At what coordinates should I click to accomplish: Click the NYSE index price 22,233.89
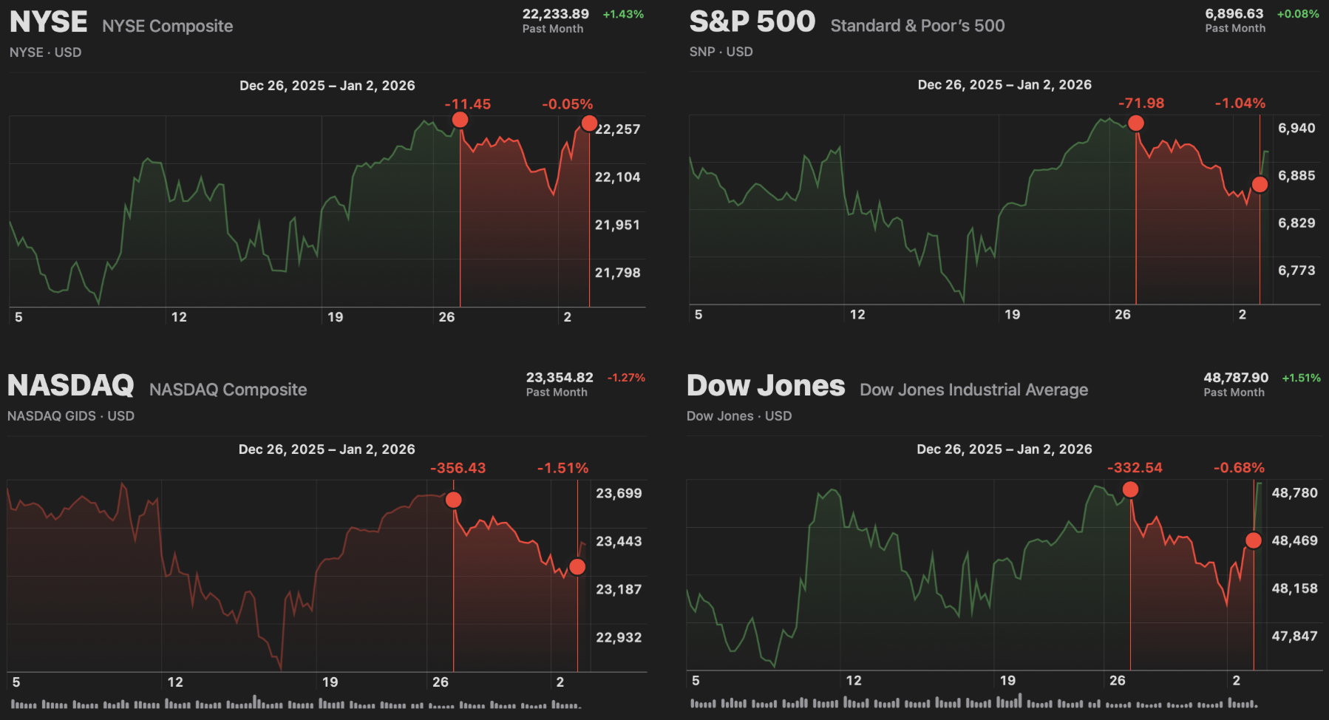[555, 14]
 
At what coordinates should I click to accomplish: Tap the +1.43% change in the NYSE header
[623, 14]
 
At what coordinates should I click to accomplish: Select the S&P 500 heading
[752, 21]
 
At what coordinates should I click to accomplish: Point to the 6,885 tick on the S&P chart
[1296, 176]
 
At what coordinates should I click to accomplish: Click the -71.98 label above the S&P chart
[1141, 103]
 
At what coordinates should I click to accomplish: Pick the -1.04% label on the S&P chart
[1240, 103]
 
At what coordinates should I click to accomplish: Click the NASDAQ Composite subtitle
[228, 390]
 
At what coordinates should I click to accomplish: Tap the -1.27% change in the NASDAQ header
[626, 378]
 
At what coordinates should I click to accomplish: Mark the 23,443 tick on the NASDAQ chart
[619, 542]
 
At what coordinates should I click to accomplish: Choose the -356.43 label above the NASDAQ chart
[458, 469]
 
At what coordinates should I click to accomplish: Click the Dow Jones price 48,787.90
[1235, 378]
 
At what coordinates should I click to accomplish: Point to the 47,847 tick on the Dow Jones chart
[1294, 636]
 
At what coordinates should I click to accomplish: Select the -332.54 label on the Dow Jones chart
[1135, 468]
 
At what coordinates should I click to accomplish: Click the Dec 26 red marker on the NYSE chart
[460, 120]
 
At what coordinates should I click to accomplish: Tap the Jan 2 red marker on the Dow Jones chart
[1253, 540]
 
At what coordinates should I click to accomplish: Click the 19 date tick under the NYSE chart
[335, 317]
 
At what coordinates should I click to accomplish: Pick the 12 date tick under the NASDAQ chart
[174, 682]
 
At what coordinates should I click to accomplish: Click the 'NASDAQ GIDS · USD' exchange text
[71, 416]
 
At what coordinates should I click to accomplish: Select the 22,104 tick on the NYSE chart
[617, 177]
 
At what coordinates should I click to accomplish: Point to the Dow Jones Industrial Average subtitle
[973, 390]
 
